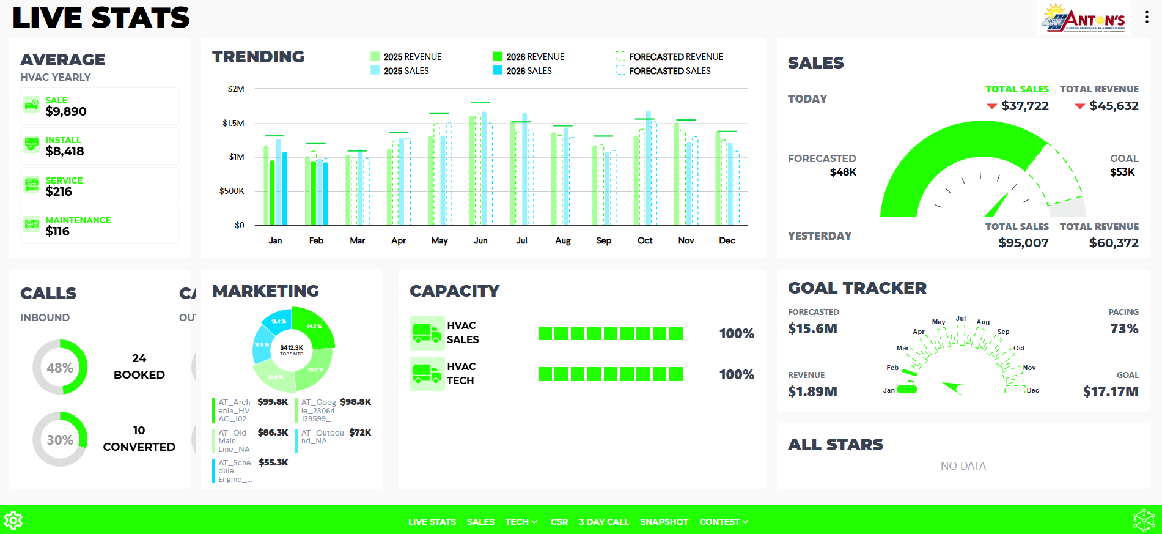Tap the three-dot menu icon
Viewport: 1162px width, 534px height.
[x=1147, y=18]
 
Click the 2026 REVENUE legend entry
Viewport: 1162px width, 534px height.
[x=529, y=57]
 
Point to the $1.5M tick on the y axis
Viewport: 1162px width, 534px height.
[x=233, y=123]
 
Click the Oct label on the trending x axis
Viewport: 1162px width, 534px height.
[x=645, y=240]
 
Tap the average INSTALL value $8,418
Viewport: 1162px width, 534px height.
[x=65, y=151]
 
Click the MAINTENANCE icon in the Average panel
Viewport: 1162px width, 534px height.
[x=32, y=224]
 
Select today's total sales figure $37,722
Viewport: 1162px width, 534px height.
[x=1024, y=106]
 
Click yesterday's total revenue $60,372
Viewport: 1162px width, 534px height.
[x=1113, y=243]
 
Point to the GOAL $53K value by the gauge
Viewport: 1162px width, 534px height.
[x=1122, y=172]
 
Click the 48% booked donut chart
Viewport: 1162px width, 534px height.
[x=60, y=367]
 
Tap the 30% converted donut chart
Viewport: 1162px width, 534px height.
[x=60, y=439]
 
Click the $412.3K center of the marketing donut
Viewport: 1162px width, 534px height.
[x=292, y=349]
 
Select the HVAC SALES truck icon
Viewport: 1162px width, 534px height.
[x=427, y=333]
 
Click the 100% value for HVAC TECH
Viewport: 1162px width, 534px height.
[x=736, y=374]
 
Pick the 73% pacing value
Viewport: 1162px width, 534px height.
[x=1123, y=328]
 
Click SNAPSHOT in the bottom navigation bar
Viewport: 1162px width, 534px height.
[x=664, y=522]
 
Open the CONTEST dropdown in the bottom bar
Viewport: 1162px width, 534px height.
[x=723, y=522]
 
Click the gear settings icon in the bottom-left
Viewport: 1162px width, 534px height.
[x=13, y=521]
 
